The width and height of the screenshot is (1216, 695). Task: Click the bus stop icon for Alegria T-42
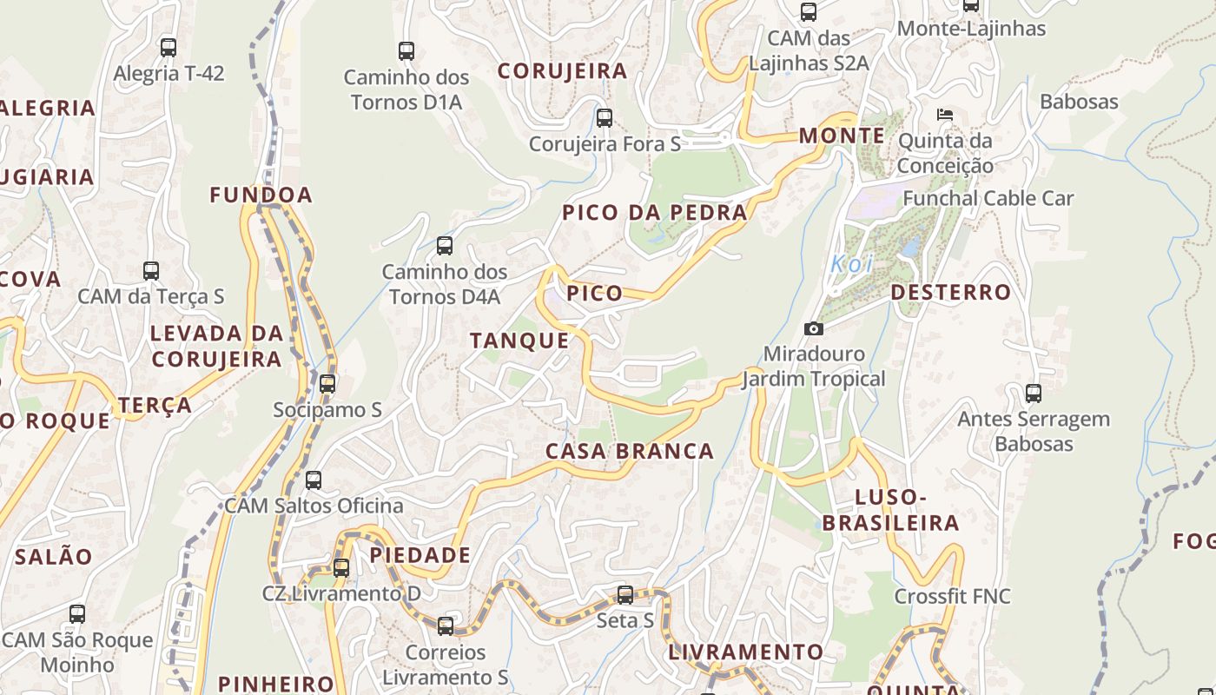point(169,48)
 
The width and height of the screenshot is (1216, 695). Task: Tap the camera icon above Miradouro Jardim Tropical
point(813,328)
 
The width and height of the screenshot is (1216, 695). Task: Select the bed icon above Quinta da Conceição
point(945,115)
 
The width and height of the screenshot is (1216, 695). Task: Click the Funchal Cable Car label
point(988,198)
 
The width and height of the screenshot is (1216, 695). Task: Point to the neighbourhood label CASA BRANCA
point(630,451)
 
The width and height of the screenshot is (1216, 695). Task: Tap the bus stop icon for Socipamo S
point(327,383)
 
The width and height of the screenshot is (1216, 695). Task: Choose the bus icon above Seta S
point(625,595)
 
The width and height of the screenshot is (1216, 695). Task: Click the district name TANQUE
point(519,341)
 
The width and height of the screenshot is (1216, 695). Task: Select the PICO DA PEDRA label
point(654,213)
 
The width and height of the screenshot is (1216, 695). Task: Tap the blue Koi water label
point(851,264)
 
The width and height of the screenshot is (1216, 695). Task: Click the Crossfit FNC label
point(953,596)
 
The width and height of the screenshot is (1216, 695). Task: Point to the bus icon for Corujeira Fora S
point(605,117)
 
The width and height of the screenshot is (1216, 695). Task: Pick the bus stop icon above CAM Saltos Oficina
point(314,480)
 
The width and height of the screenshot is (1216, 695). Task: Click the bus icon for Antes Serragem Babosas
point(1034,393)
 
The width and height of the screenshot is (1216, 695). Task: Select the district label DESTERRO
point(951,292)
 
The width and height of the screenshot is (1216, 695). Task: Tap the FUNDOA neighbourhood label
point(261,195)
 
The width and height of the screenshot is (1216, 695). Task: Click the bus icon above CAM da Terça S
point(151,270)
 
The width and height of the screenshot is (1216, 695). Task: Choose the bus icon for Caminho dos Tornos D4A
point(445,246)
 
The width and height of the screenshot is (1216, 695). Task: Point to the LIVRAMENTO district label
point(745,652)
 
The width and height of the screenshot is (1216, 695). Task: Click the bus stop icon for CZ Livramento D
point(341,568)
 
